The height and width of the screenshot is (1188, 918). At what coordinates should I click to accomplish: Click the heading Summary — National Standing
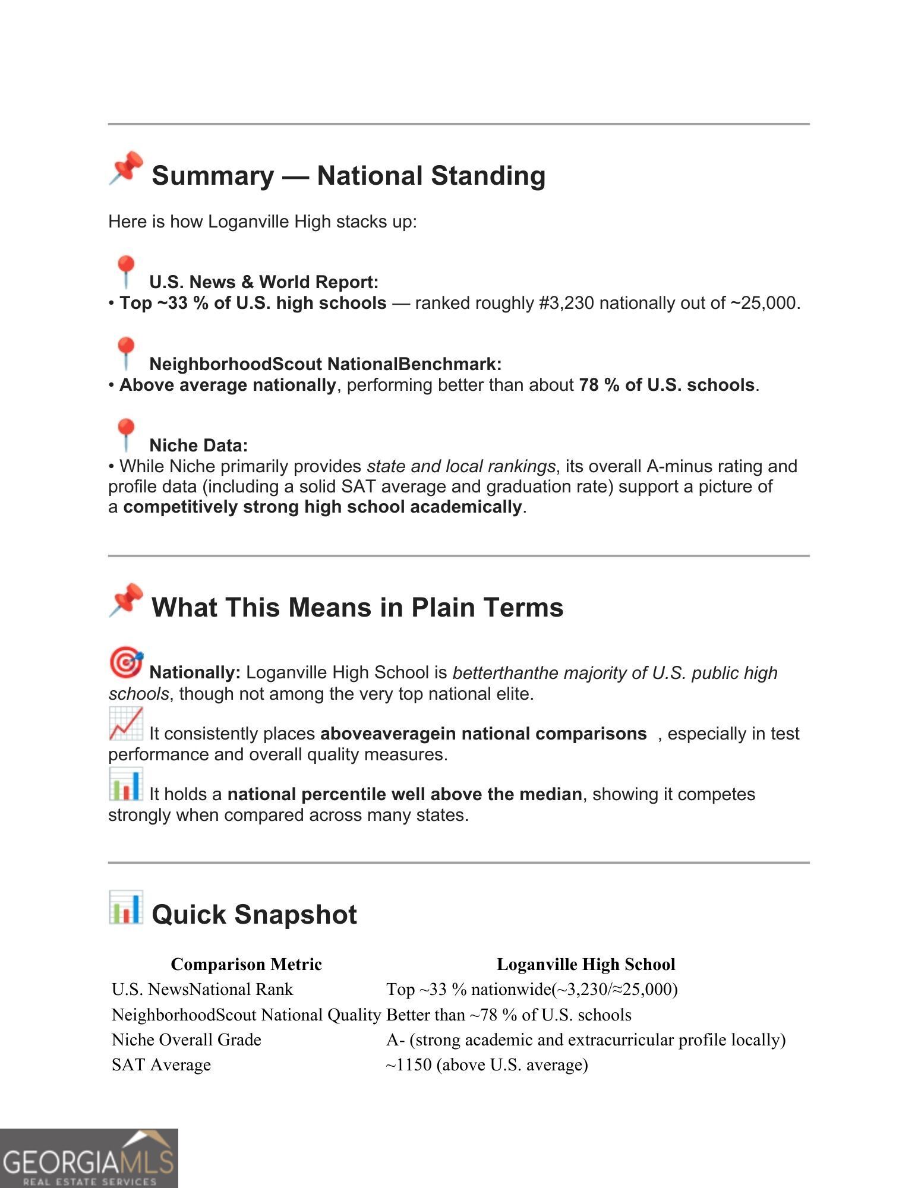(348, 176)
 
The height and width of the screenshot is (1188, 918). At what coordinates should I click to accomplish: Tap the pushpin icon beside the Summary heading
(125, 168)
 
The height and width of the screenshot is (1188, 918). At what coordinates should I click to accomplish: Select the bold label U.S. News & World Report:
(263, 282)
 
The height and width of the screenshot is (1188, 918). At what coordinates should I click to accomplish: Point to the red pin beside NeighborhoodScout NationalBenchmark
(125, 353)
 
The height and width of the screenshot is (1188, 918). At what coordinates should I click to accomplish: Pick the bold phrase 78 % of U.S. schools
(666, 385)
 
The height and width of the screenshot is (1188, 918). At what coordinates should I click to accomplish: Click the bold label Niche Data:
(198, 445)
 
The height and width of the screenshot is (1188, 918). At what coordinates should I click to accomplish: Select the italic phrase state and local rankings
(460, 466)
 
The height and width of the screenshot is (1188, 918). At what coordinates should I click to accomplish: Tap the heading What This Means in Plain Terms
(357, 608)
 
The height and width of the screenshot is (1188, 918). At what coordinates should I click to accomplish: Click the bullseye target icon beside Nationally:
(125, 662)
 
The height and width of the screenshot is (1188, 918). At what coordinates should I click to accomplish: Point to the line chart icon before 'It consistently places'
(125, 723)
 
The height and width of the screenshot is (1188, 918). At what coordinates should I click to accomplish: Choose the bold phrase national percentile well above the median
(404, 794)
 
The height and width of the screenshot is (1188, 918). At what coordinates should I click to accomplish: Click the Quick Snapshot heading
(254, 914)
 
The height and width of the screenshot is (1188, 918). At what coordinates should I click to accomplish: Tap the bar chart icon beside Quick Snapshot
(125, 907)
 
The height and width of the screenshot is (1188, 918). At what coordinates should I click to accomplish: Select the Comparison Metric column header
(246, 964)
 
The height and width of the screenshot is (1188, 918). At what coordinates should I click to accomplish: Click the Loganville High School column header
(585, 964)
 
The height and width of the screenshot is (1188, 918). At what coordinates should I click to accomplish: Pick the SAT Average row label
(161, 1064)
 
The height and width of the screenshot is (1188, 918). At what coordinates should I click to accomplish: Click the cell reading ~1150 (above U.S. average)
(487, 1064)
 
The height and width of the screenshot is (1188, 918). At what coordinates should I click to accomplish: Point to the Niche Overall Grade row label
(186, 1039)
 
